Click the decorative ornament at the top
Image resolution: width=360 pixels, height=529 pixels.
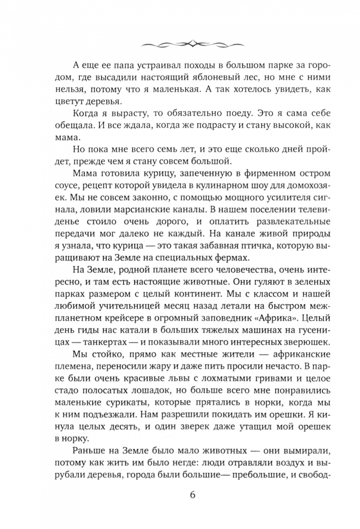click(x=180, y=44)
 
